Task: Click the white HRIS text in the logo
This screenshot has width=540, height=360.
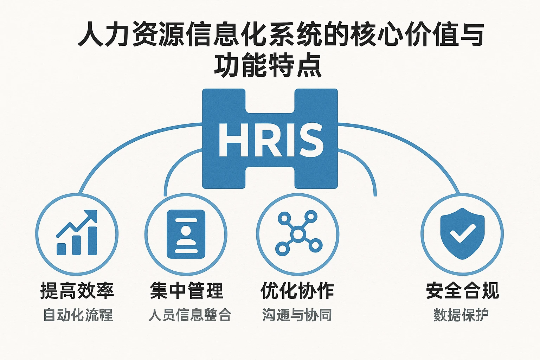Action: point(270,140)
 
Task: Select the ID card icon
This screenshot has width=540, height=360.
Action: point(186,234)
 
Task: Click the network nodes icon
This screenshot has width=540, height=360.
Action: point(298,233)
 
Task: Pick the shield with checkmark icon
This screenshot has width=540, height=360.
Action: point(462,233)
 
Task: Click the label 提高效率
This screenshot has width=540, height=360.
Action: point(77,291)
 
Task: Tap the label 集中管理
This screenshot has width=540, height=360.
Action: point(187,291)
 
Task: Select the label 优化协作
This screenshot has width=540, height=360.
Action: point(297,291)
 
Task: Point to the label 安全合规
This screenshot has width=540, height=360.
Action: point(462,291)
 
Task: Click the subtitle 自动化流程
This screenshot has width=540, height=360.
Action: point(78,315)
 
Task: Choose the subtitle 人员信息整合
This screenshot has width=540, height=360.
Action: point(190,315)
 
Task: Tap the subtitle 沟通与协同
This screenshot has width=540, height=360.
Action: point(297,315)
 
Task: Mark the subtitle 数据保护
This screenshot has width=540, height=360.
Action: point(461,315)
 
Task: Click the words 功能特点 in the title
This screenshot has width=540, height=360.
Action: point(268,65)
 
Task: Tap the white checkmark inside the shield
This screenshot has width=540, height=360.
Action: point(463,233)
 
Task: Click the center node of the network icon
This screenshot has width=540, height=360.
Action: point(298,234)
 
